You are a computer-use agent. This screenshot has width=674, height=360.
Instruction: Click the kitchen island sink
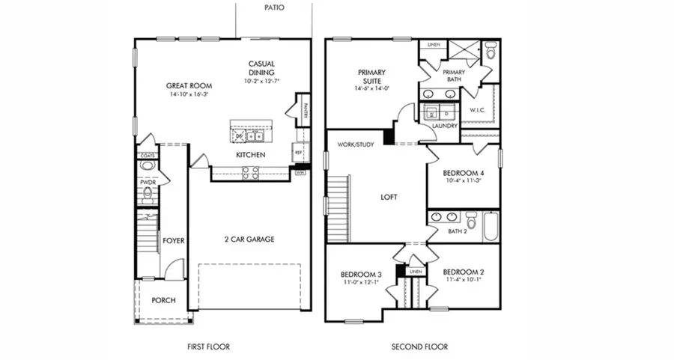click(x=249, y=136)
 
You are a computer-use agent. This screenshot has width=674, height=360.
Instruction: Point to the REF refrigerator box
click(x=299, y=151)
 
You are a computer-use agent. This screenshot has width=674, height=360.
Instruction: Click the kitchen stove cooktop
click(x=250, y=172)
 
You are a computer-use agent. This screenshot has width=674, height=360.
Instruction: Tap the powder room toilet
click(x=147, y=195)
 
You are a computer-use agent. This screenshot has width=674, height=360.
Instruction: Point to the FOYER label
click(x=173, y=240)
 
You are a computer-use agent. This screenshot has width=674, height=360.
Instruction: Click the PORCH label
click(x=163, y=300)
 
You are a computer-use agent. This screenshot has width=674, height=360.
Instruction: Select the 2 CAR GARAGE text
click(x=249, y=240)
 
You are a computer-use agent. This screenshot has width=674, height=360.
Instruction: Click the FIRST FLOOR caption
click(x=208, y=347)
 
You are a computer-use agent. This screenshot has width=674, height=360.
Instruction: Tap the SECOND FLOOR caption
click(x=419, y=347)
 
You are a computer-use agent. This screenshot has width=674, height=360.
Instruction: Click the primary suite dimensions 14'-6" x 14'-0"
click(x=372, y=88)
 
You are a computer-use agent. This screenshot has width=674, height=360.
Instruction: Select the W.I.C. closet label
click(x=478, y=110)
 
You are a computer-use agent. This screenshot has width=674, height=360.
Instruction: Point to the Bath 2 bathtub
click(x=491, y=226)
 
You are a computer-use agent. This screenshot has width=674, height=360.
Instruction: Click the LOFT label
click(x=389, y=198)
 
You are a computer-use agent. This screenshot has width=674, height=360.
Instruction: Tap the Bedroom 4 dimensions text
click(x=462, y=180)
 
